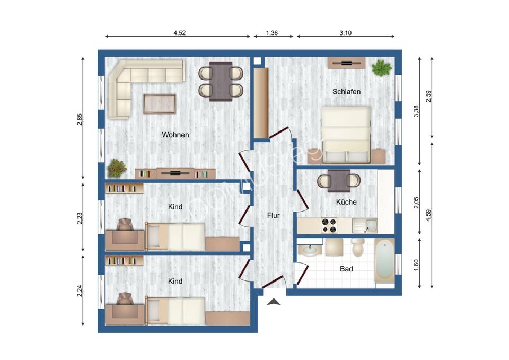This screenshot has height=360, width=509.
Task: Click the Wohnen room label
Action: tap(175, 135)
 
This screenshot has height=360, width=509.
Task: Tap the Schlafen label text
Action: tap(346, 92)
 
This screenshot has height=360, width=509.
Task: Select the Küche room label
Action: tap(346, 202)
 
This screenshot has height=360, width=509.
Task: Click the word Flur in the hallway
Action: tap(273, 215)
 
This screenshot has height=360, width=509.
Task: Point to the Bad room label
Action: tap(346, 269)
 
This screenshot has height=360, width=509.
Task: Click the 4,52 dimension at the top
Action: tap(180, 33)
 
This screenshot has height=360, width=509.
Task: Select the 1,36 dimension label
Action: tap(271, 33)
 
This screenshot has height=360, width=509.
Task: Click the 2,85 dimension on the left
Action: tap(80, 120)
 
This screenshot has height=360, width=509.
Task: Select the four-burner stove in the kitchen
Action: tap(329, 226)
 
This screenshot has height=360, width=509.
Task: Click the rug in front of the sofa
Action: tap(160, 103)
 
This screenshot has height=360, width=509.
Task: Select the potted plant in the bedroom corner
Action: tap(381, 68)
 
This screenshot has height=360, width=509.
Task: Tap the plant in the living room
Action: tap(117, 168)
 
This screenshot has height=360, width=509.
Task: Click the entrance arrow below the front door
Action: tap(274, 302)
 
